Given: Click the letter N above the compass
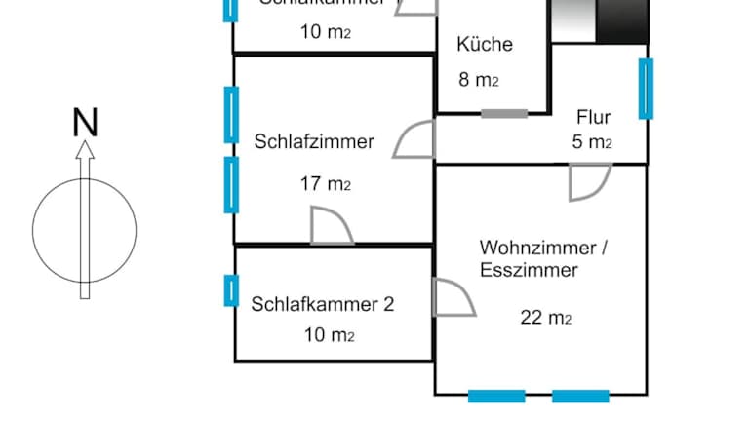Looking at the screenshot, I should coord(86,123).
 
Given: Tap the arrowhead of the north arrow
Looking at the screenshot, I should coord(85,148).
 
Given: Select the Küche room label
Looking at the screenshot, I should coord(484,45).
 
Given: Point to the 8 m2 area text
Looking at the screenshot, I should coord(479,80).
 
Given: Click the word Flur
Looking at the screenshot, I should coord(593,118).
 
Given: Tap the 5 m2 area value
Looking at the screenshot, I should coord(592,142).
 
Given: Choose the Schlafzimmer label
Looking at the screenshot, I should coord(314,142).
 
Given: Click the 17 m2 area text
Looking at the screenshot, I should coord(326,183).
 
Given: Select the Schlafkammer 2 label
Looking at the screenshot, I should coord(323,304).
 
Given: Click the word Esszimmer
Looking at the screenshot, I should coord(529,271).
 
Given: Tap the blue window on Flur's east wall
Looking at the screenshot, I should coord(646,89).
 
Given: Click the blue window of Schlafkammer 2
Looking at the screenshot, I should coord(231,290).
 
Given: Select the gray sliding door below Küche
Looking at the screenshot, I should coord(504,114).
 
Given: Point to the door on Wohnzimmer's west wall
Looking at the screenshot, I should coord(452,298).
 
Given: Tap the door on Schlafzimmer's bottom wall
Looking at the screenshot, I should coord(330,226).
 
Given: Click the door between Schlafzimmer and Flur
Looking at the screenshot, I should coord(415,140).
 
